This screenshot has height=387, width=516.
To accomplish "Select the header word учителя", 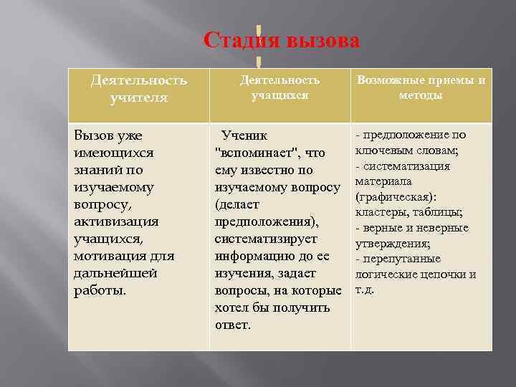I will click(x=139, y=97).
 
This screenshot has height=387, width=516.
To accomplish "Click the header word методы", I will click(x=421, y=95).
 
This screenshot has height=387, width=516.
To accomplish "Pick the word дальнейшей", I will click(x=111, y=273).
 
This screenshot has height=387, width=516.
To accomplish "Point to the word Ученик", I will click(x=244, y=135).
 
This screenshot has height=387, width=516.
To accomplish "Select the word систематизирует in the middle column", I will click(x=266, y=239).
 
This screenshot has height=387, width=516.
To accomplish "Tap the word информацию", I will click(x=255, y=256).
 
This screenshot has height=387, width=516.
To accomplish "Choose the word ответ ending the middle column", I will click(x=233, y=325).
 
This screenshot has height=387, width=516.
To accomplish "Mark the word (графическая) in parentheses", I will click(x=395, y=196).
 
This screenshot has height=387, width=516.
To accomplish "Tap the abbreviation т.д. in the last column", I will click(x=365, y=290).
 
